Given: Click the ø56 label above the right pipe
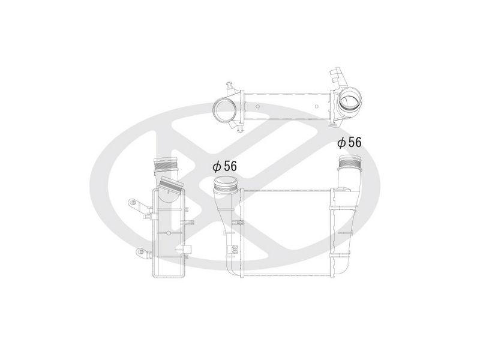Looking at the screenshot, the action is [x=349, y=142].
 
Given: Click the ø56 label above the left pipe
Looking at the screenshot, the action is [x=224, y=166].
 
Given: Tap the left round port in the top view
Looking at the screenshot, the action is [x=224, y=111].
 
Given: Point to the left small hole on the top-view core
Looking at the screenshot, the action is [x=258, y=107].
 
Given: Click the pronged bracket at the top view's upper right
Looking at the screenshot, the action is [x=338, y=77].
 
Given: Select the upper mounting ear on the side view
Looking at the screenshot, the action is [x=137, y=205].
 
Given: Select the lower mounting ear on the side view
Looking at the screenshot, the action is [x=143, y=253].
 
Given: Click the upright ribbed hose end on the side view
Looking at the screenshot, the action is [x=166, y=164].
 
